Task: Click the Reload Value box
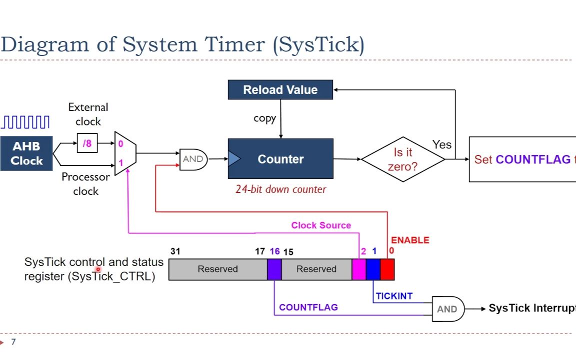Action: pyautogui.click(x=280, y=90)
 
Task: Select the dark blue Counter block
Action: pyautogui.click(x=280, y=159)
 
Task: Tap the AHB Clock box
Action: pyautogui.click(x=26, y=153)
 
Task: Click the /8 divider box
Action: pyautogui.click(x=87, y=143)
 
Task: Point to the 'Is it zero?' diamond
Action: pyautogui.click(x=403, y=159)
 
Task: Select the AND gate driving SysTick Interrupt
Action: pyautogui.click(x=447, y=308)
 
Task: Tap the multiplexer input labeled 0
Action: pyautogui.click(x=120, y=144)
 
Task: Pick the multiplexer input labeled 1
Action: pyautogui.click(x=120, y=163)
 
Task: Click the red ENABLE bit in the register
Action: pyautogui.click(x=387, y=269)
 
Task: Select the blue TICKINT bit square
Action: pyautogui.click(x=373, y=269)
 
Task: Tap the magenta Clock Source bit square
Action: pyautogui.click(x=359, y=269)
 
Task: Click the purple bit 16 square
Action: pyautogui.click(x=274, y=269)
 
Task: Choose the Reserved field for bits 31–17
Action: pyautogui.click(x=217, y=269)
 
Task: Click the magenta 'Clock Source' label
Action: pyautogui.click(x=321, y=225)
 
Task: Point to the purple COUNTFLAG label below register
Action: pyautogui.click(x=308, y=307)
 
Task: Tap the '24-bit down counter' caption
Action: pyautogui.click(x=280, y=189)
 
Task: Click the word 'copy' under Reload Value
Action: pyautogui.click(x=264, y=118)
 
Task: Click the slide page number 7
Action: pyautogui.click(x=13, y=342)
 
